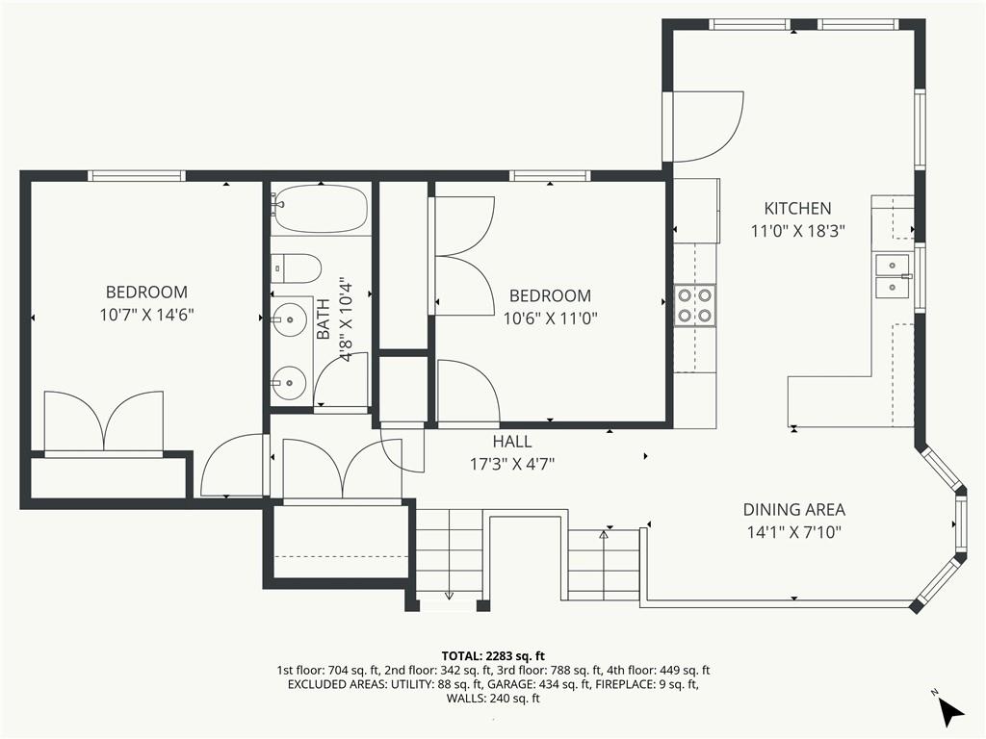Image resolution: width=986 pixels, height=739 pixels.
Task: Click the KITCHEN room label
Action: click(x=797, y=208)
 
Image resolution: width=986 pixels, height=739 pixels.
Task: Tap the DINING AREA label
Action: click(x=793, y=510)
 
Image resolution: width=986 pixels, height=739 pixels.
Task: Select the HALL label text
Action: click(x=511, y=442)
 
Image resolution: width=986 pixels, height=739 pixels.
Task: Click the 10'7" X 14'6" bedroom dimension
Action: click(x=146, y=315)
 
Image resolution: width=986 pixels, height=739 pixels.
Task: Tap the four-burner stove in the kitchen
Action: click(x=694, y=305)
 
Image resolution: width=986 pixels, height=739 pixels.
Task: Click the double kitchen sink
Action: click(x=893, y=275)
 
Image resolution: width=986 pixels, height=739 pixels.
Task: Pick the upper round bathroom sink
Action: click(x=288, y=319)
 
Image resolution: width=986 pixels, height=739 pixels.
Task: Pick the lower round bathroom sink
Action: click(x=288, y=383)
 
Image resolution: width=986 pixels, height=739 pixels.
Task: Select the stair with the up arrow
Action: click(x=604, y=563)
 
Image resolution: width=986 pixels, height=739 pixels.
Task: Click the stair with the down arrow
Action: click(x=448, y=558)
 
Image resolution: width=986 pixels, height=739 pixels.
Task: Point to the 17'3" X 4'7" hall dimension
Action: click(x=511, y=464)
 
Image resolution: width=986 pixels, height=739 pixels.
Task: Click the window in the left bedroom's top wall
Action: click(x=136, y=176)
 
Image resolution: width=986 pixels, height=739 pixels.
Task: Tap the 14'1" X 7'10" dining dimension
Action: click(x=793, y=532)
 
